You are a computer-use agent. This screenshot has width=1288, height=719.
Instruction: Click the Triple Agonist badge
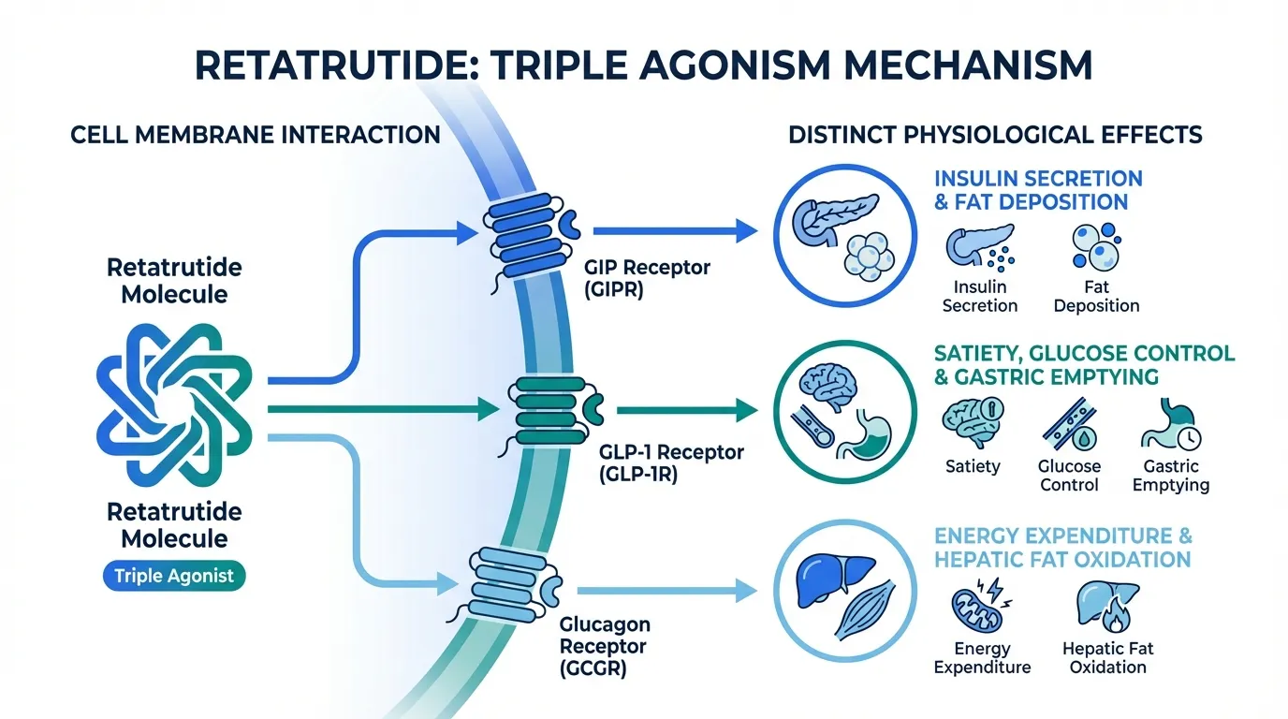(173, 576)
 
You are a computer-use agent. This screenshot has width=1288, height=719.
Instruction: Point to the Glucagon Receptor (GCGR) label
(605, 646)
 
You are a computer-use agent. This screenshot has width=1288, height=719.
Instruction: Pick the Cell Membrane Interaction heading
(255, 135)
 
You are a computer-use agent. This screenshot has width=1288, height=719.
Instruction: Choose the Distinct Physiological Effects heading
(995, 135)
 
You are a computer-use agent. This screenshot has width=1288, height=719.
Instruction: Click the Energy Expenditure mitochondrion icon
(979, 609)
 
